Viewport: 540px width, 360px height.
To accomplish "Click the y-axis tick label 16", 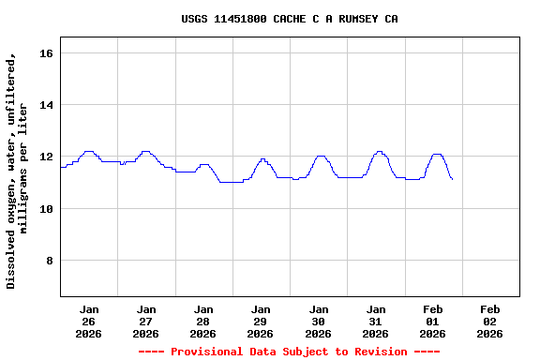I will [46, 53].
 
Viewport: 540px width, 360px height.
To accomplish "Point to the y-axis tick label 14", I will [46, 105].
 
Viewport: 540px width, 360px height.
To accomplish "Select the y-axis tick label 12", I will [46, 157].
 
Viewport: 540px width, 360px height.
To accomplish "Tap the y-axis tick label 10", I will [46, 208].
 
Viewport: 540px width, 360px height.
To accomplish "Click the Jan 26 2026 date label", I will [89, 321].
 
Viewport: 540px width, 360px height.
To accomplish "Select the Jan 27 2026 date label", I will [146, 321].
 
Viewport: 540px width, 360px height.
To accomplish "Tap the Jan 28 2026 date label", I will [203, 321].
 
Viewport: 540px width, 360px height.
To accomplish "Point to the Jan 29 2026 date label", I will [261, 321].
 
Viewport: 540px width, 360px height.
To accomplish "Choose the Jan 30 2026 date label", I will [318, 321].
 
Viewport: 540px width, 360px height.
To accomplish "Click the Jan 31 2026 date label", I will [375, 321].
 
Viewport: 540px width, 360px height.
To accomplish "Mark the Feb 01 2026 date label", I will [432, 321].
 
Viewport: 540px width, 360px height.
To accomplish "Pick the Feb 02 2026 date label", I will [489, 321].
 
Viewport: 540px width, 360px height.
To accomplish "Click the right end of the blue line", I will [452, 178].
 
